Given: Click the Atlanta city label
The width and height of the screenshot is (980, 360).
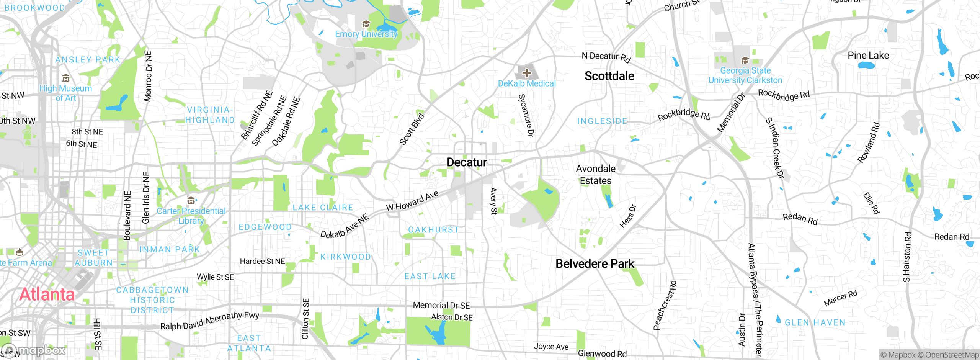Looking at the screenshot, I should click(47, 294).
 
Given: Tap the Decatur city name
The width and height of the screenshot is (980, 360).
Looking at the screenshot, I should click(467, 162).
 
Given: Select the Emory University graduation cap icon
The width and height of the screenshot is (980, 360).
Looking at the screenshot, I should click(366, 24).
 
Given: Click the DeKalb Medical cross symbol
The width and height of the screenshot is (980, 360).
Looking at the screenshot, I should click(527, 73).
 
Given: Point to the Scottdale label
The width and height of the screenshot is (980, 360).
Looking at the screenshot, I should click(609, 76).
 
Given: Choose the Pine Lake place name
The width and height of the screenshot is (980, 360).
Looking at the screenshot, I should click(868, 56).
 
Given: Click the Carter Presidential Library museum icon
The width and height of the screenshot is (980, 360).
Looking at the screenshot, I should click(191, 200).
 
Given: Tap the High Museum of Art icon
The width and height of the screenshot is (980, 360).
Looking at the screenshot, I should click(66, 79).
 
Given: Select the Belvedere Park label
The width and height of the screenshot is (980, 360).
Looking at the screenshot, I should click(595, 264).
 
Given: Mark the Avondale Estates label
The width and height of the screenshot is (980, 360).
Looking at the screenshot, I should click(596, 175).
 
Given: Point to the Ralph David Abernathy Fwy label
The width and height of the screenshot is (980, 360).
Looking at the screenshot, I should click(209, 321).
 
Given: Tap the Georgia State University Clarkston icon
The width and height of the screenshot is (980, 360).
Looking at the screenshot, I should click(745, 61).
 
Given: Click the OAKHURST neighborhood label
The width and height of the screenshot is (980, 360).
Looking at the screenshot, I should click(433, 230).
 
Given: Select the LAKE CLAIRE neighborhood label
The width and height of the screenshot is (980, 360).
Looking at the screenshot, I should click(323, 208).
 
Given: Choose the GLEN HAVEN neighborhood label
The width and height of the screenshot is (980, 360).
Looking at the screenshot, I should click(815, 322).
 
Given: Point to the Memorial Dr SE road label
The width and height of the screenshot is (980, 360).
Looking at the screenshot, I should click(441, 306).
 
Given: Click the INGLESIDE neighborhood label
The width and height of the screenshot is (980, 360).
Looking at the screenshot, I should click(602, 121).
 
